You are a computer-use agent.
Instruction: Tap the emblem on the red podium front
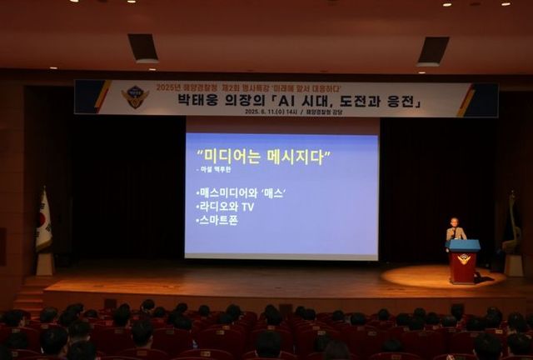click(x=464, y=259)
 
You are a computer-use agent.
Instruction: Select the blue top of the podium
click(x=464, y=245)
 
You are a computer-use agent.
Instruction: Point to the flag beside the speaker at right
click(x=511, y=225)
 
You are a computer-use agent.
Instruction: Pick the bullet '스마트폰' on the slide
click(x=219, y=222)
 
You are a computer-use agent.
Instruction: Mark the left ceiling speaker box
click(x=143, y=47)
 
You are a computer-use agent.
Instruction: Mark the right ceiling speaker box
click(x=433, y=51)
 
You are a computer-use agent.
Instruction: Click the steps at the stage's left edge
click(x=29, y=295)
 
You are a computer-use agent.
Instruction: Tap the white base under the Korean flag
click(x=44, y=264)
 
